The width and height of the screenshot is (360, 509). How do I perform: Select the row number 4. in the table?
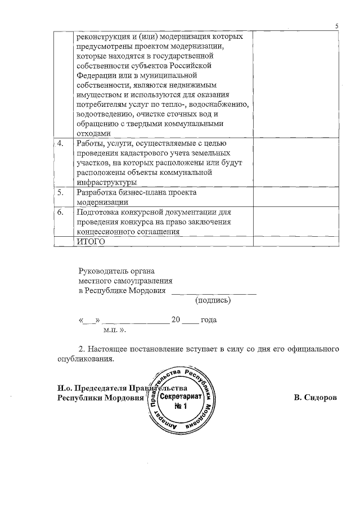pos(60,144)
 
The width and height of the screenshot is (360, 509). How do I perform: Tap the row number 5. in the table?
pos(60,192)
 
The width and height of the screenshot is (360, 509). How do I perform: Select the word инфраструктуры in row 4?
pos(106,182)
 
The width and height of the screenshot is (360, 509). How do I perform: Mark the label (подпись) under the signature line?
pos(213,301)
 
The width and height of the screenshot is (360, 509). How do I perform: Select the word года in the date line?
pos(209,320)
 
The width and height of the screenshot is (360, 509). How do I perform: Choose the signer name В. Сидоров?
pos(315,398)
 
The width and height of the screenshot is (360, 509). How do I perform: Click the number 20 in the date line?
pos(175,320)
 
